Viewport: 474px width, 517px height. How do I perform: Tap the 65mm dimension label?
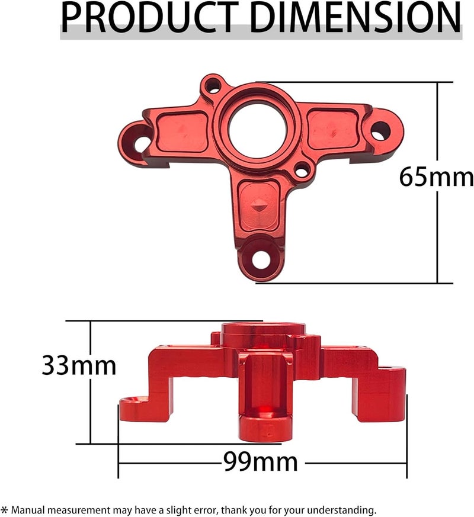pyautogui.click(x=436, y=177)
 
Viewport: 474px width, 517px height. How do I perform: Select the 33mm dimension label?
pyautogui.click(x=78, y=365)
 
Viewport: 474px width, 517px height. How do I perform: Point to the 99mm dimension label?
pyautogui.click(x=260, y=461)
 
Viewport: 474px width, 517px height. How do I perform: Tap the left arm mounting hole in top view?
pyautogui.click(x=142, y=143)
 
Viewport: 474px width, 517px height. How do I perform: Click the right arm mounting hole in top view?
pyautogui.click(x=380, y=131)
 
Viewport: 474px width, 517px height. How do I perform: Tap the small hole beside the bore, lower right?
pyautogui.click(x=302, y=172)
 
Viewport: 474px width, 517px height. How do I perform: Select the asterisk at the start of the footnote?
pyautogui.click(x=5, y=510)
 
